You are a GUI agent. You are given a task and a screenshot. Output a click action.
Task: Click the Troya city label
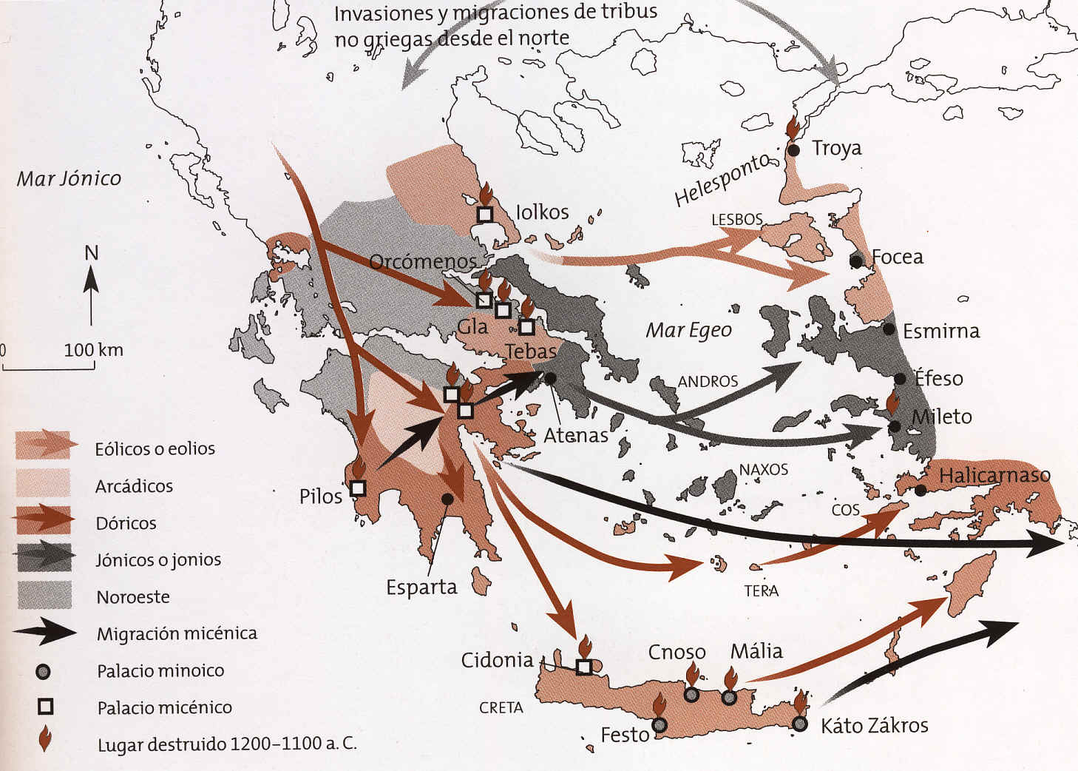pyautogui.click(x=836, y=148)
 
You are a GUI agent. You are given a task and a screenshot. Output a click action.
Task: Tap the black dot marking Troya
pyautogui.click(x=793, y=150)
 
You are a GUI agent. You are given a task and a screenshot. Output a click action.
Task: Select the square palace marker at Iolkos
pyautogui.click(x=484, y=215)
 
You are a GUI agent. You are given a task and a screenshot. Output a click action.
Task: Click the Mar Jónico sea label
pyautogui.click(x=69, y=179)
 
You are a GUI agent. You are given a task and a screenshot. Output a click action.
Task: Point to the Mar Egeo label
pyautogui.click(x=688, y=330)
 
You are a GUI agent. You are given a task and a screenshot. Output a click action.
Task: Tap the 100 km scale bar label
pyautogui.click(x=93, y=350)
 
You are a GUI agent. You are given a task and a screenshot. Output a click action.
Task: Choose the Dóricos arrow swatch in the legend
pyautogui.click(x=44, y=521)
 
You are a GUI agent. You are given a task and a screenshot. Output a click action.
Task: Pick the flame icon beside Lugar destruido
pyautogui.click(x=45, y=739)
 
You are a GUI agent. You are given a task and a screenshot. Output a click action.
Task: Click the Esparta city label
pyautogui.click(x=421, y=587)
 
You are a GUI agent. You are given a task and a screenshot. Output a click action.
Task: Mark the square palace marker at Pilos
pyautogui.click(x=358, y=488)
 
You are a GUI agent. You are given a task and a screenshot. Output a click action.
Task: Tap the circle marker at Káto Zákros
pyautogui.click(x=799, y=724)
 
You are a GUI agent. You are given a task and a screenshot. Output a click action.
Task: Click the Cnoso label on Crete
pyautogui.click(x=677, y=652)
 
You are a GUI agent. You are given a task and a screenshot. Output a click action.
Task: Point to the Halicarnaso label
pyautogui.click(x=994, y=475)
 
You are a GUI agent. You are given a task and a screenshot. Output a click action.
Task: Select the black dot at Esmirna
pyautogui.click(x=889, y=329)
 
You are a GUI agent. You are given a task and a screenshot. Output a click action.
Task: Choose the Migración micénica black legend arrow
pyautogui.click(x=44, y=633)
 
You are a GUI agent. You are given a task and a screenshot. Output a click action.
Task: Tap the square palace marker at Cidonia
pyautogui.click(x=584, y=667)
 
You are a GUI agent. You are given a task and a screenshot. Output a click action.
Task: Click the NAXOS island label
pyautogui.click(x=763, y=470)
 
